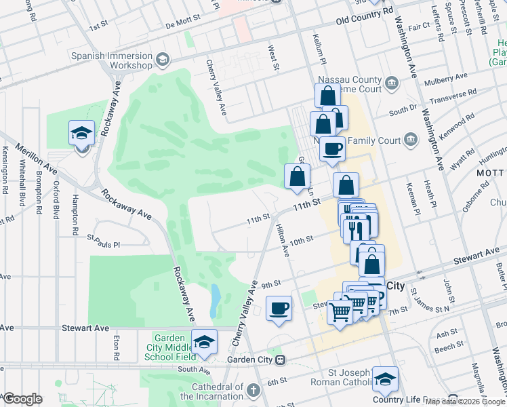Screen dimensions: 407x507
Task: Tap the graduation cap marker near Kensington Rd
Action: tap(82, 133)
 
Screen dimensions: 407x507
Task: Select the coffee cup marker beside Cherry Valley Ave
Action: tap(279, 309)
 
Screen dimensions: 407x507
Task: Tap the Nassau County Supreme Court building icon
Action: tap(392, 83)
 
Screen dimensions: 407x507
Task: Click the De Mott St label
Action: tap(183, 24)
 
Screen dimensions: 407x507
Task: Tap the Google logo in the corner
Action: tap(22, 399)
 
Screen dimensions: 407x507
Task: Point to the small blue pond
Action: tap(215, 301)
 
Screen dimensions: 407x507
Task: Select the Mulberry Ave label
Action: tap(445, 80)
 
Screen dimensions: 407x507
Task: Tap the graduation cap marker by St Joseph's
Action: tap(386, 380)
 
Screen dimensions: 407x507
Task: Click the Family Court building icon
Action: tap(410, 140)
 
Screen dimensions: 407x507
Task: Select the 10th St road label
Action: tap(300, 239)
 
